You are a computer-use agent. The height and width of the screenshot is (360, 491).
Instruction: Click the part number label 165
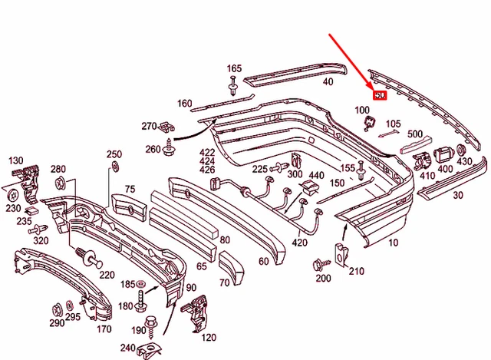(234, 68)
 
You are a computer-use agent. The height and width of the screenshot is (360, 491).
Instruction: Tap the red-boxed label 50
(379, 96)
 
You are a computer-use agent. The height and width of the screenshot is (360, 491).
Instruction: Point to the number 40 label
(328, 81)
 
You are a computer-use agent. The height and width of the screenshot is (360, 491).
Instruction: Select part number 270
(149, 126)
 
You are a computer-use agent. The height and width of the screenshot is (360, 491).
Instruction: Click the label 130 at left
(16, 160)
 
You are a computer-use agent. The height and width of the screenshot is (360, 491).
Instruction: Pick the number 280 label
(58, 169)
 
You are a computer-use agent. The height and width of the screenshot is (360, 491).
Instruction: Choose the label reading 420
(299, 243)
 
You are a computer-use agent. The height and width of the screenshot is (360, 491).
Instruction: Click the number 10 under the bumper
(394, 243)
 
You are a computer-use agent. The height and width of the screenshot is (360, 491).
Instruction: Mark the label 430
(465, 162)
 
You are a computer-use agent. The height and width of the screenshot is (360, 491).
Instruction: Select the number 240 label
(127, 348)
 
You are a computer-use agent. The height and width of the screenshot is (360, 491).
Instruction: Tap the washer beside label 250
(116, 167)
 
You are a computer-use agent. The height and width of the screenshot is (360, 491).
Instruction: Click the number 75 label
(130, 189)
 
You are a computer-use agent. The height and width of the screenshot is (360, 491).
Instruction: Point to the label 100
(361, 111)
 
